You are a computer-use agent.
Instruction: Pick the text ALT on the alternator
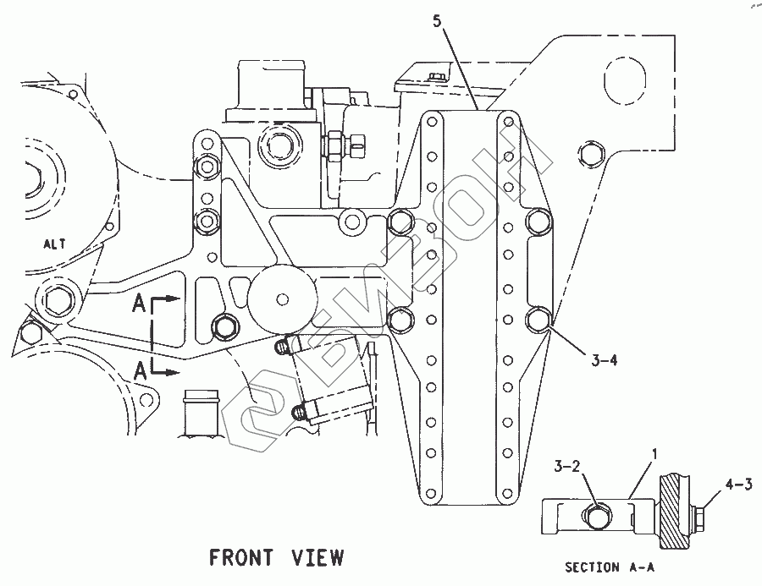54,245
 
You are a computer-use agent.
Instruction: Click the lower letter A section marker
140,370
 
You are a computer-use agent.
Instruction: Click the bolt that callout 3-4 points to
538,320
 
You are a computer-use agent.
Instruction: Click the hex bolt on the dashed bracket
589,153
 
